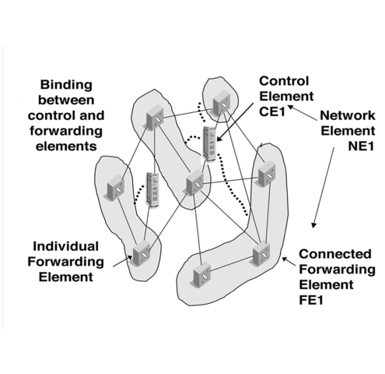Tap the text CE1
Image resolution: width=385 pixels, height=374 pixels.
tap(273, 110)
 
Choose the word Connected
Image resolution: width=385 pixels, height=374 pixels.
tap(331, 254)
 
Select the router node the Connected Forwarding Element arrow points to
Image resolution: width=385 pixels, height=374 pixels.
tap(261, 256)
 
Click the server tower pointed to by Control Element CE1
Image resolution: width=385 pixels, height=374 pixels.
tap(208, 145)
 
